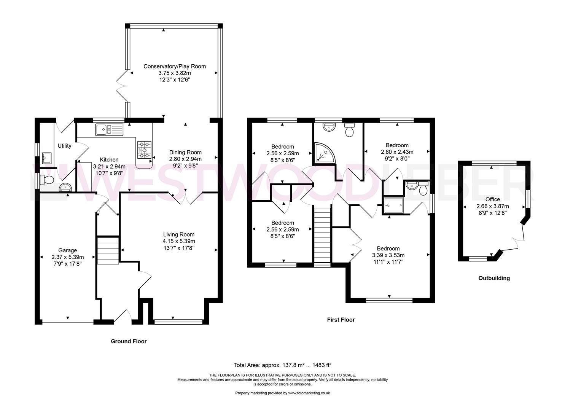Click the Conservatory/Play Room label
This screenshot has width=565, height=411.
[175, 66]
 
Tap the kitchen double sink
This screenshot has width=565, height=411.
[109, 130]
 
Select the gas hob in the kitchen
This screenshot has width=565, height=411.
[144, 150]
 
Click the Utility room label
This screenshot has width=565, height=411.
[64, 146]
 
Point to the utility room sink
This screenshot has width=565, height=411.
[46, 158]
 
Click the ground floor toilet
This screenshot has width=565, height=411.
[47, 180]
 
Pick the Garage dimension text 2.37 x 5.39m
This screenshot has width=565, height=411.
[68, 257]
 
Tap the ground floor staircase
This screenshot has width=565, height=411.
[108, 250]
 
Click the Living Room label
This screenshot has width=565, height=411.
[178, 234]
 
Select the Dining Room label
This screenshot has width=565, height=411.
[185, 152]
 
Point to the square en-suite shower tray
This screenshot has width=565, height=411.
[393, 206]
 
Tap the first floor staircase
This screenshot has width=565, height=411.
[322, 237]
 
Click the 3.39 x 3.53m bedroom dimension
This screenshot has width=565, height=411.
[388, 255]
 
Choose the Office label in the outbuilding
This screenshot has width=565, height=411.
[493, 199]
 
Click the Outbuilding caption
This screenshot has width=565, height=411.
[494, 278]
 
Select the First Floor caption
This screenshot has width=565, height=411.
[341, 320]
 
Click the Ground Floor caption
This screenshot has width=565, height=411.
[129, 341]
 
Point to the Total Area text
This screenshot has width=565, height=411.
[282, 365]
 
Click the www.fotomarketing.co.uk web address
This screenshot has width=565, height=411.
[309, 393]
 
